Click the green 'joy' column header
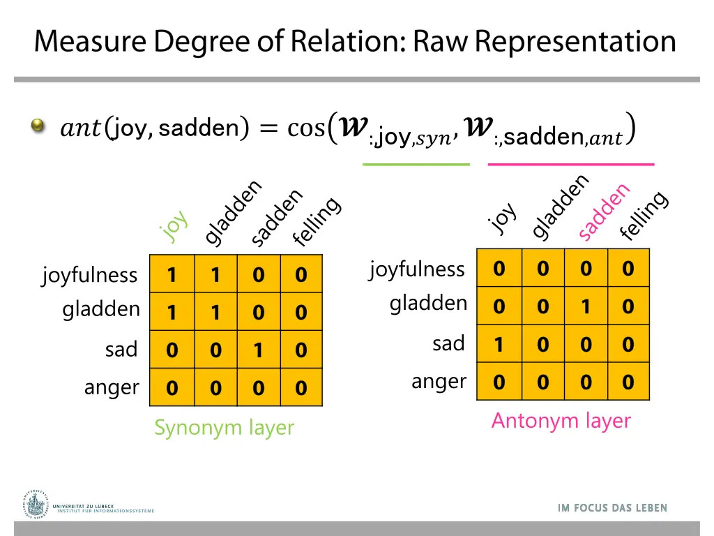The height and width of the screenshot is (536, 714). click(x=174, y=225)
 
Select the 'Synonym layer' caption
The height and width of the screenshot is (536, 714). click(x=224, y=427)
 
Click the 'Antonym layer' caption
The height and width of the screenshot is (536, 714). click(x=561, y=420)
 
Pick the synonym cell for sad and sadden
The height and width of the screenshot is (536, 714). click(x=258, y=350)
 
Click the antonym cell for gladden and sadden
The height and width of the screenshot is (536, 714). click(x=586, y=306)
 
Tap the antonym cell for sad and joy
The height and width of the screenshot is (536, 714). click(x=499, y=344)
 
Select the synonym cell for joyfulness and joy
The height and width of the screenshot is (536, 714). click(x=172, y=275)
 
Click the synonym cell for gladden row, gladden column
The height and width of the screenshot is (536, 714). click(x=215, y=312)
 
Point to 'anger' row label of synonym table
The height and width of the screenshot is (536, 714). click(x=112, y=387)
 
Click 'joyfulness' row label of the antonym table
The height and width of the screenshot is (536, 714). click(x=417, y=269)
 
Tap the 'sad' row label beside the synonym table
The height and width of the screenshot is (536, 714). click(x=121, y=349)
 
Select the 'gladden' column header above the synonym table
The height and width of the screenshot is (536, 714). click(x=234, y=213)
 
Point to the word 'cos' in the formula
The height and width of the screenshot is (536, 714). click(x=306, y=128)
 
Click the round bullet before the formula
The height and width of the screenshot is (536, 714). click(x=38, y=126)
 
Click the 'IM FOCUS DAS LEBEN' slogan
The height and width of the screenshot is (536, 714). click(x=612, y=508)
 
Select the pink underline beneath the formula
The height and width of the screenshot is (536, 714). click(x=571, y=164)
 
